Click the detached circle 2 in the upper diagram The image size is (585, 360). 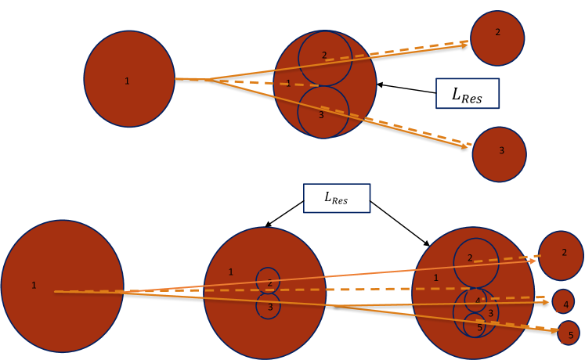[497, 38]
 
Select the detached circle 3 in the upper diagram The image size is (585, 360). [499, 154]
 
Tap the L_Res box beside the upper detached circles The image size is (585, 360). [467, 93]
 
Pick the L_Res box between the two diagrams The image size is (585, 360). [336, 198]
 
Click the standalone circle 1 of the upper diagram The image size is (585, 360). [129, 79]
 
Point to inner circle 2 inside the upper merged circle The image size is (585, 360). [324, 58]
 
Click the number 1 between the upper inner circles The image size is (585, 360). [288, 83]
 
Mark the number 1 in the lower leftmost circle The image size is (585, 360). [34, 286]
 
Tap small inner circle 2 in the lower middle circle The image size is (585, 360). [268, 279]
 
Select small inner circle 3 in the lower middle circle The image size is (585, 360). [268, 306]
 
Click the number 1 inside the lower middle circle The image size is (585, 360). [230, 272]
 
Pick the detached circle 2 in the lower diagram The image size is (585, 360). [561, 255]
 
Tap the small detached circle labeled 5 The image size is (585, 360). [569, 333]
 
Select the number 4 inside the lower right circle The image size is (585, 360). [478, 301]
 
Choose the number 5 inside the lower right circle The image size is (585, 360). [479, 327]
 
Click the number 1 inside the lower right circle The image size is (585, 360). [436, 278]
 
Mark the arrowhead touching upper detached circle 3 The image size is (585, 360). [468, 146]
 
